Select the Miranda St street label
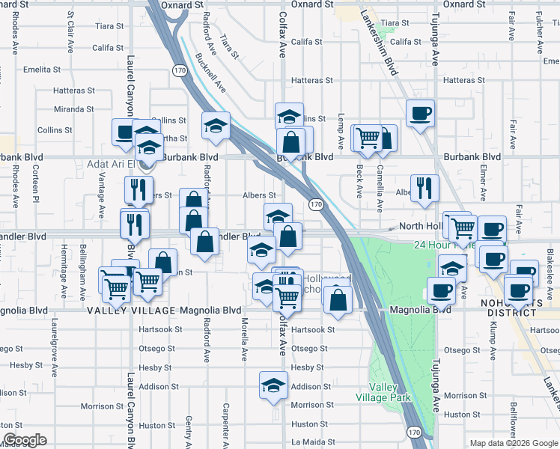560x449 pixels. (x=73, y=109)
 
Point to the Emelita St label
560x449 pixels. (x=42, y=70)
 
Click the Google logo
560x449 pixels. (x=25, y=440)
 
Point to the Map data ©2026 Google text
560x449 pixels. (x=513, y=444)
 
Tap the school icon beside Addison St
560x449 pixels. (x=273, y=385)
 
